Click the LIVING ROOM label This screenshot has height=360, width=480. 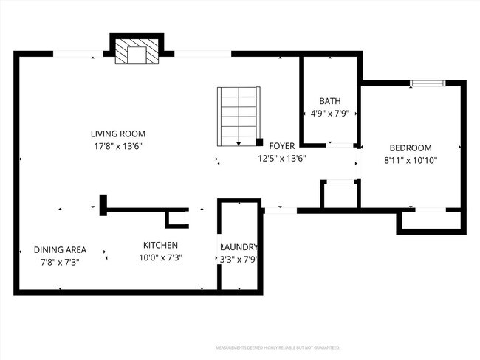point(117,134)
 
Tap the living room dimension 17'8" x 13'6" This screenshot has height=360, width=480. point(117,146)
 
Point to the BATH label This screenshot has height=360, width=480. point(329,101)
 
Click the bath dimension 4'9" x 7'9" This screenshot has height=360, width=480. point(329,114)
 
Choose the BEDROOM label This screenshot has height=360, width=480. point(411,148)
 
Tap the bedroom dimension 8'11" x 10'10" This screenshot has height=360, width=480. point(411,160)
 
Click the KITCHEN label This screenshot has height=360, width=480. point(160,245)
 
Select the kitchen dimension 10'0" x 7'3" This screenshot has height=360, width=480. point(160,257)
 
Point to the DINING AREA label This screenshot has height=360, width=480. point(61,249)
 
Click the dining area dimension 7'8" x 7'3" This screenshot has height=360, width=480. point(61,262)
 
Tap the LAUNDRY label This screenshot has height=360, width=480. point(239,246)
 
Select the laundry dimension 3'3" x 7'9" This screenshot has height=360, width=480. point(239,259)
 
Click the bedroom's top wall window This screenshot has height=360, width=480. point(428,83)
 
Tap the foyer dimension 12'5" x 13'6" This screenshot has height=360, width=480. point(281,158)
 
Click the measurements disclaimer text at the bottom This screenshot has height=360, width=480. point(277,347)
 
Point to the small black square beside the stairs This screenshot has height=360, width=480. point(260,142)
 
